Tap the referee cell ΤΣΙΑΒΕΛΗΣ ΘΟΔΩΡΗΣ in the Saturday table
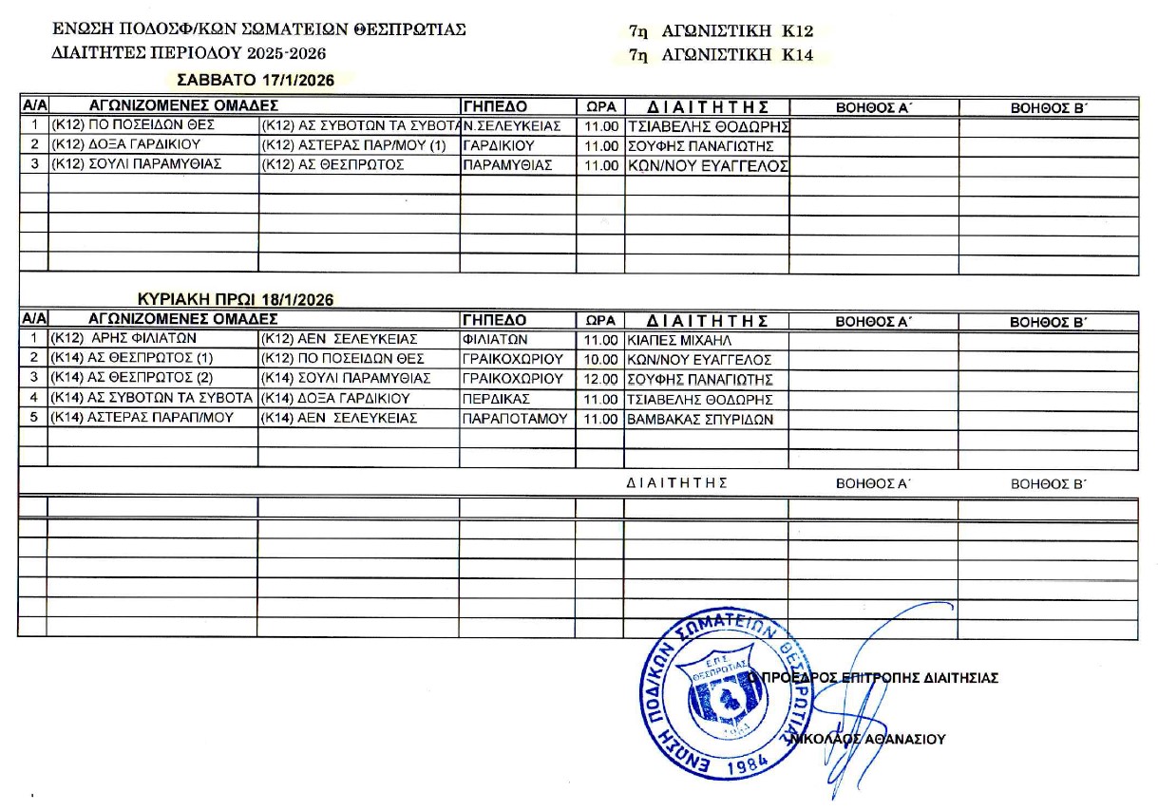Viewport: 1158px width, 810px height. pos(709,126)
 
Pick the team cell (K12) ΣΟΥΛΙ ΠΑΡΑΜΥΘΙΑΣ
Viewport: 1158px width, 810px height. pos(135,165)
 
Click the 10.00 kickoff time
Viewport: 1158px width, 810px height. pos(601,360)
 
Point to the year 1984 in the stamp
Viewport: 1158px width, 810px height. pos(737,767)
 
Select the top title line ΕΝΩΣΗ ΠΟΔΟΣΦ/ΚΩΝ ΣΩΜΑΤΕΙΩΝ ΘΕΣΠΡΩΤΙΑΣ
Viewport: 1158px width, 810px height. pos(259,29)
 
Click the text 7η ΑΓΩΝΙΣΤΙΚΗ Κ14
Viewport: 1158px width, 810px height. pos(721,56)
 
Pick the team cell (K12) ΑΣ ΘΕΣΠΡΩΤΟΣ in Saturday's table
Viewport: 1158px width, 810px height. pos(333,165)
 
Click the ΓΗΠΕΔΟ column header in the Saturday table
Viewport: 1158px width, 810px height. pos(494,106)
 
